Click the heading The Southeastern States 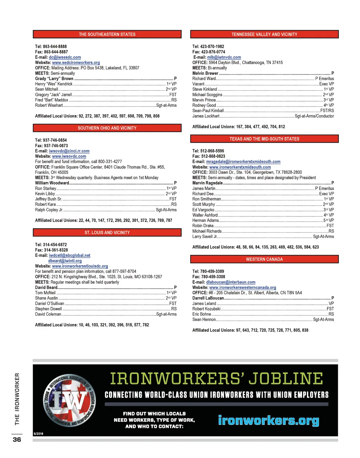(107, 34)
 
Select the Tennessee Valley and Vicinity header (264, 34)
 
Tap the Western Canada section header (264, 259)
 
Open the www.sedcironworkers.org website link (76, 63)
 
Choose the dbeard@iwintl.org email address (65, 261)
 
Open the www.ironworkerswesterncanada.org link (243, 288)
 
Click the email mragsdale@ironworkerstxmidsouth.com (243, 162)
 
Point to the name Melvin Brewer (205, 73)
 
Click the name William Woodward (52, 183)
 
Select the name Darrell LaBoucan (208, 298)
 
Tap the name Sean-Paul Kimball (208, 111)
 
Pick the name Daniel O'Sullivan (50, 304)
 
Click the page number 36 (17, 440)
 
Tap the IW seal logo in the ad (70, 400)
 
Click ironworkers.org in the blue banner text (269, 420)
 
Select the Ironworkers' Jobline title (217, 379)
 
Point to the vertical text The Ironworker (17, 399)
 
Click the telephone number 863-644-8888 (55, 46)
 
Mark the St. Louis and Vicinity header (107, 233)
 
